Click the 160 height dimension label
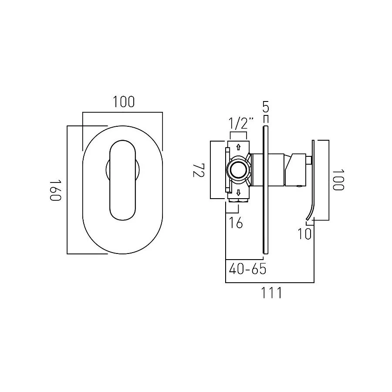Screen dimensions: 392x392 (55, 190)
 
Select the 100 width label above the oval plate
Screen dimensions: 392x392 (124, 102)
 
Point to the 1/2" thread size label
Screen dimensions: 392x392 (241, 123)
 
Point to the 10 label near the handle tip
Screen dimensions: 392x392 (305, 234)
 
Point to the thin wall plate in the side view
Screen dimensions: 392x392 (264, 189)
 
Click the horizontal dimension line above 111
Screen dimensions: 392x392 (270, 283)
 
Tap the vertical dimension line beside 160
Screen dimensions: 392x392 (67, 190)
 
